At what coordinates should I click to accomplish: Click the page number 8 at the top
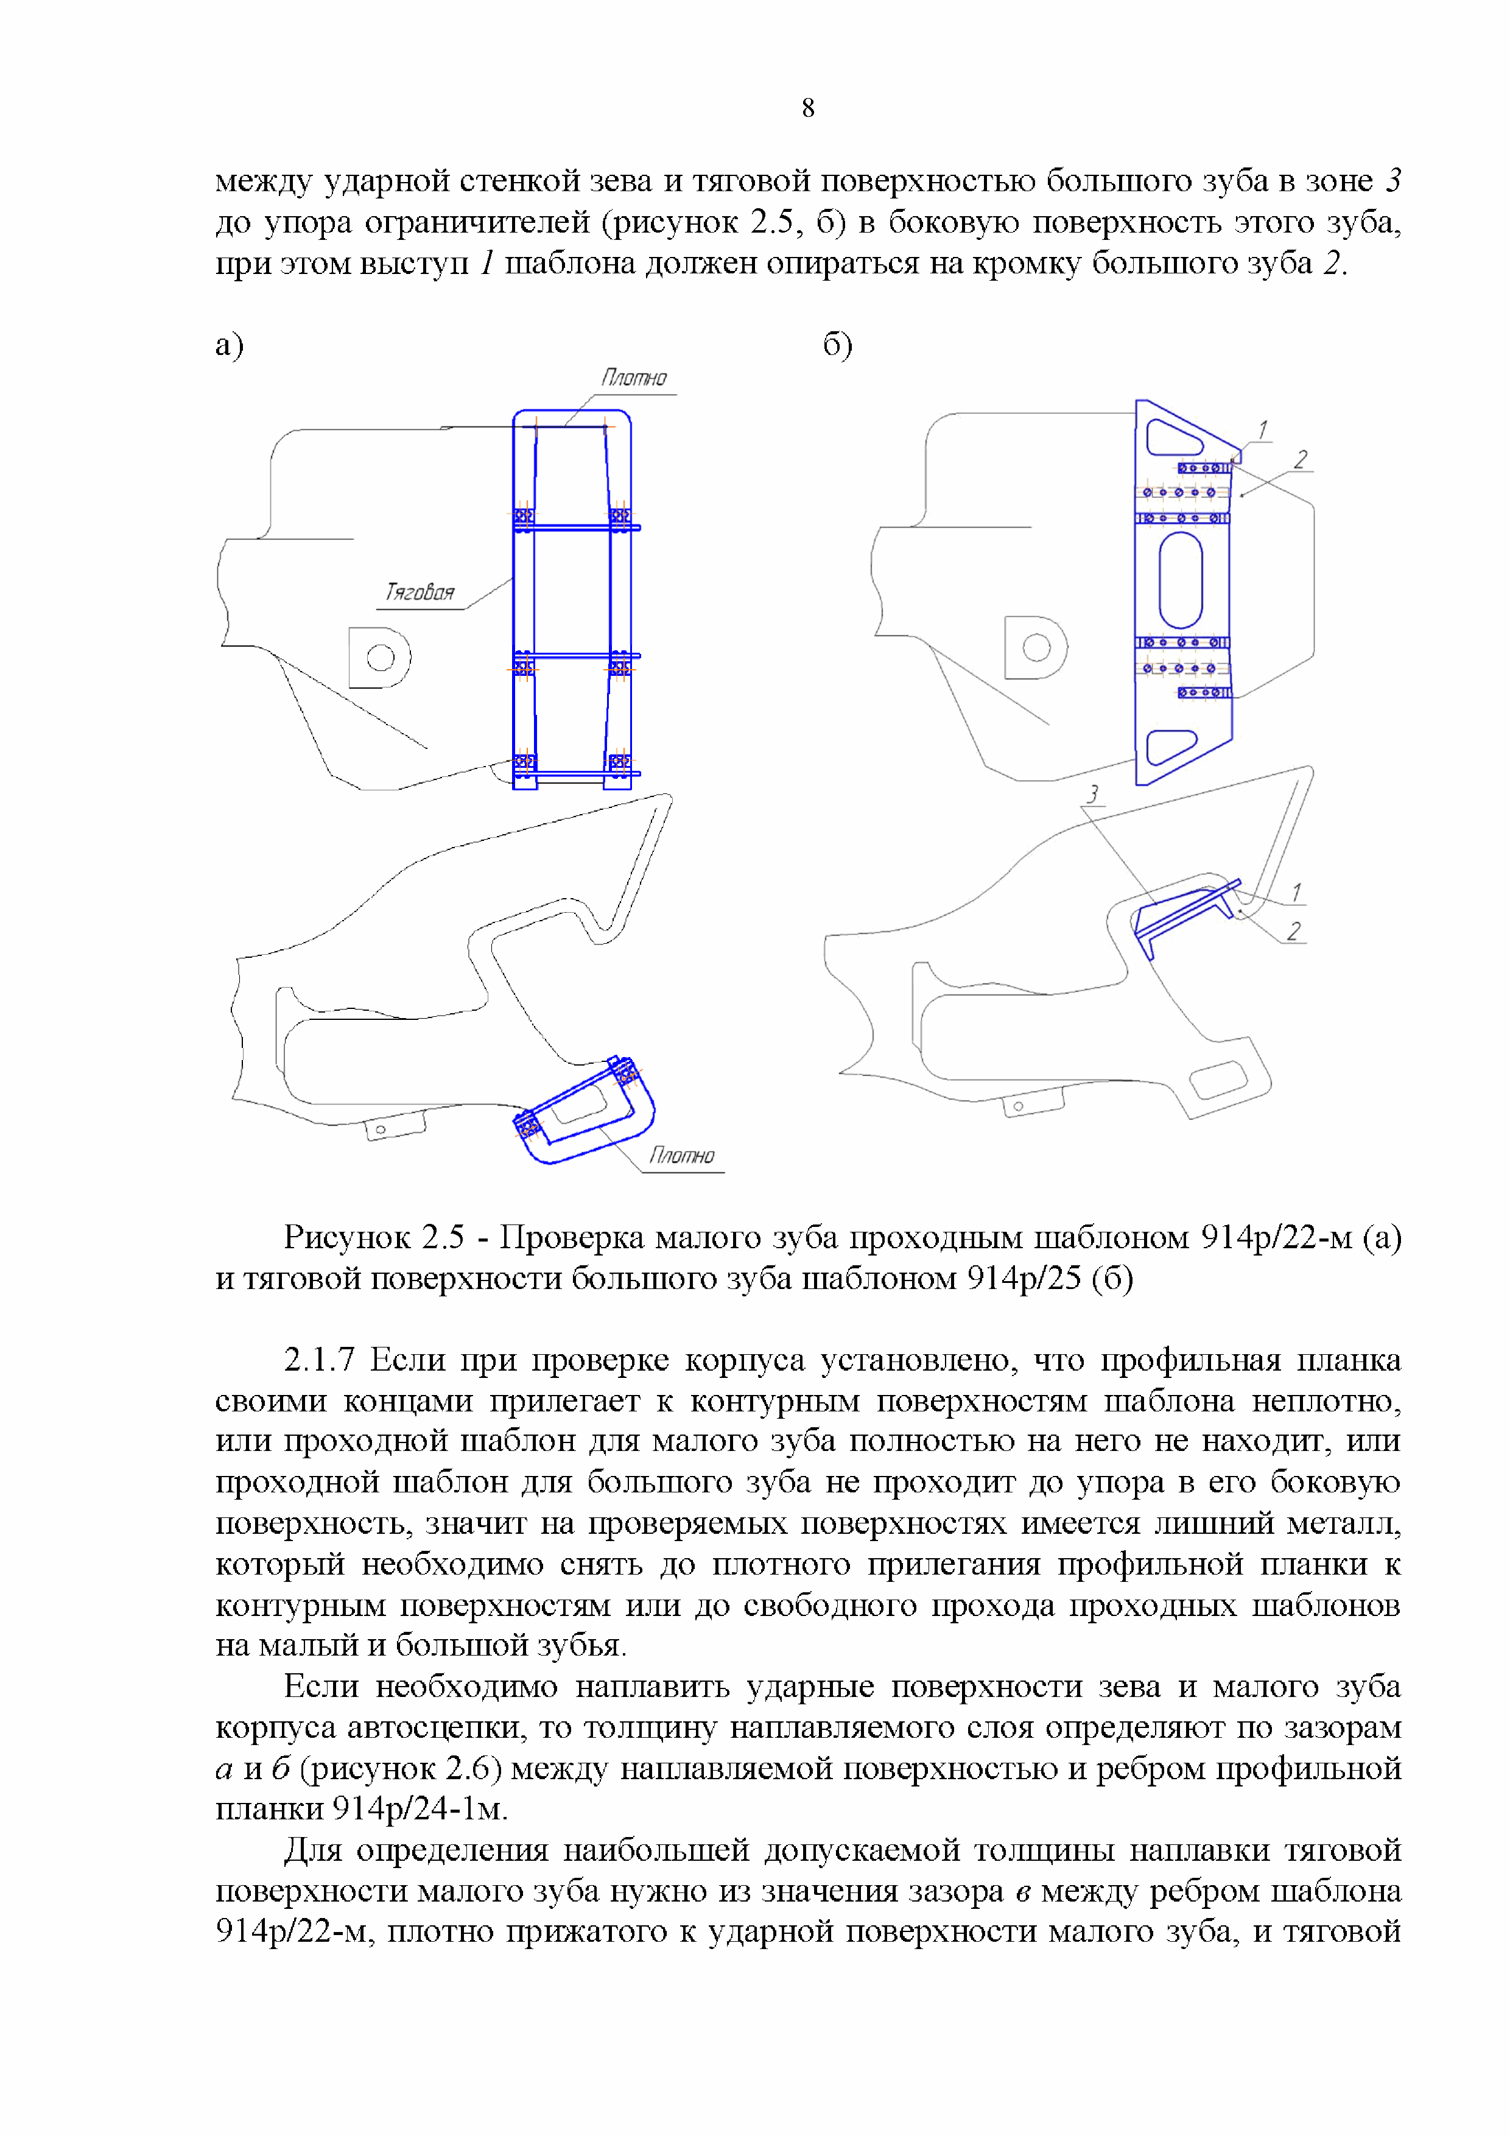(807, 109)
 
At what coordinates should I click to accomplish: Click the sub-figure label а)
(229, 345)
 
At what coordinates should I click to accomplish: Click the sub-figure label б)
(837, 345)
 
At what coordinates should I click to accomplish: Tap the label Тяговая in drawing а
(420, 592)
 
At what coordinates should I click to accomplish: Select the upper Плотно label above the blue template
(634, 378)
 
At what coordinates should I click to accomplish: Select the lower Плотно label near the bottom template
(682, 1156)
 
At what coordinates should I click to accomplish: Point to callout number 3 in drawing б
(1093, 793)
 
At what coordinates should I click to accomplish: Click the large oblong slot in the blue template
(1181, 580)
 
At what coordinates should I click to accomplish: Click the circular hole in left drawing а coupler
(381, 658)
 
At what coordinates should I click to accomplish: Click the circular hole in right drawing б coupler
(1036, 647)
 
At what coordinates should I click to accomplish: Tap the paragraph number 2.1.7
(319, 1360)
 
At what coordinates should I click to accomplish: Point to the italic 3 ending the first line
(1392, 180)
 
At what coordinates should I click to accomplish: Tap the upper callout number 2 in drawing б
(1301, 460)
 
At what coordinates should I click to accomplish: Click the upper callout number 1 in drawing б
(1263, 430)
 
